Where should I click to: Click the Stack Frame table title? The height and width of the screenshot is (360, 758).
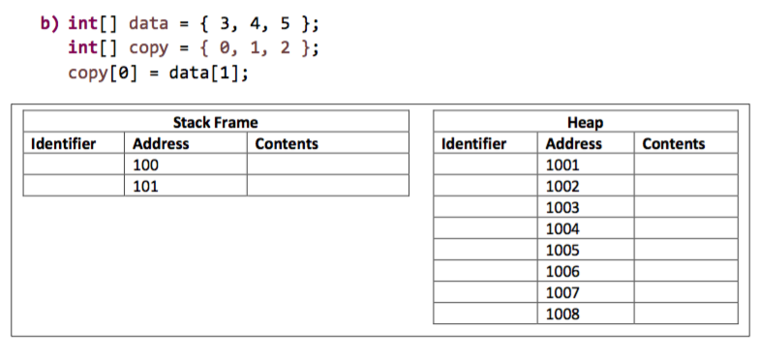215,123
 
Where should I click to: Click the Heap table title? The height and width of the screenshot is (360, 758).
584,123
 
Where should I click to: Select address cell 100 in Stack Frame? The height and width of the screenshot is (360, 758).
144,165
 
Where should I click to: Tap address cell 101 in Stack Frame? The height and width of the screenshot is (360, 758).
144,186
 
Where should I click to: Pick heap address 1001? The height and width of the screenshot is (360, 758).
562,165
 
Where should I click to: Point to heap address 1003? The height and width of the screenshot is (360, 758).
562,207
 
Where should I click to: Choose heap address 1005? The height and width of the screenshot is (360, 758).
562,250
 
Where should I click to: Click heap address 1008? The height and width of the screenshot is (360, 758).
562,314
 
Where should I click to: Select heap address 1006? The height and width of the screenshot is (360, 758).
562,271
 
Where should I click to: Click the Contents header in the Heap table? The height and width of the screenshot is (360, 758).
674,144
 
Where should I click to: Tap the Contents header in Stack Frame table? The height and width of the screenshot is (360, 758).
287,144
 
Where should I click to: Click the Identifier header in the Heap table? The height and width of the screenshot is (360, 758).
473,144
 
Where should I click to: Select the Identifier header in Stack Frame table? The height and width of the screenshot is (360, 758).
64,144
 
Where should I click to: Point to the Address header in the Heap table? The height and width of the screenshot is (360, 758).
574,144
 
